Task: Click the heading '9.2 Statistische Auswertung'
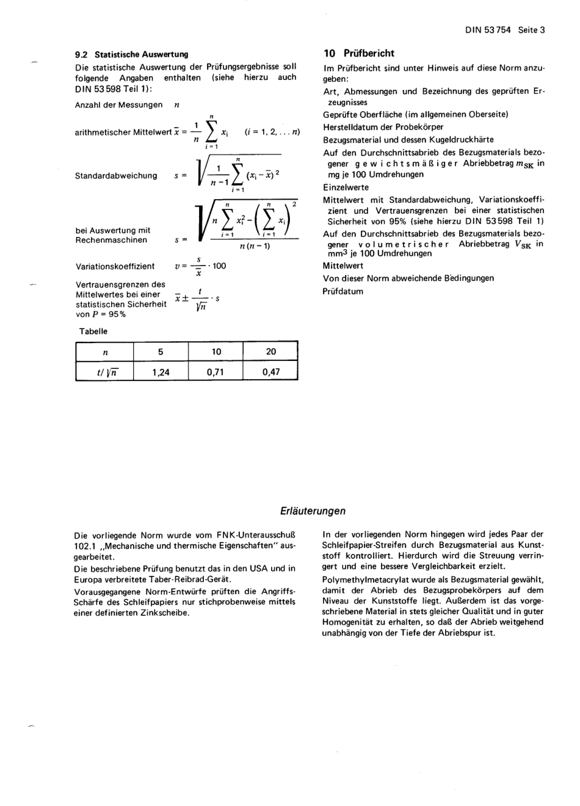[x=131, y=54]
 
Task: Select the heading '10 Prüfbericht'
[x=359, y=53]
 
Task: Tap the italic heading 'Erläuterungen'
[x=313, y=511]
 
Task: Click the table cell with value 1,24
[x=161, y=371]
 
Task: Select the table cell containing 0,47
[x=270, y=371]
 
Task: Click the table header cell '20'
[x=270, y=352]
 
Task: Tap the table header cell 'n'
[x=105, y=352]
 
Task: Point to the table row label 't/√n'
[x=105, y=372]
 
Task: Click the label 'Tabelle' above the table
[x=93, y=332]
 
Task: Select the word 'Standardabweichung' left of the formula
[x=116, y=176]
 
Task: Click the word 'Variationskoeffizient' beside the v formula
[x=115, y=266]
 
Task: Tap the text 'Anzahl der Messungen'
[x=118, y=105]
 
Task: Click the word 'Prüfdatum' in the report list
[x=343, y=291]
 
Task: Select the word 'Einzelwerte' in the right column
[x=346, y=187]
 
